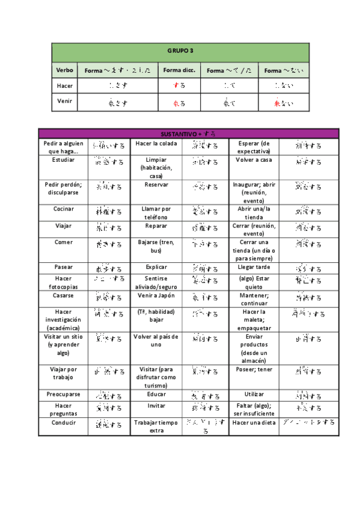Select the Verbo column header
64,70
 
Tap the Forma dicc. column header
178,70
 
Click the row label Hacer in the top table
64,86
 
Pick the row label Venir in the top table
64,101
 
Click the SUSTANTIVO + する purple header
188,134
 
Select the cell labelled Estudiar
64,161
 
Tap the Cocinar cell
64,209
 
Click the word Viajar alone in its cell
64,226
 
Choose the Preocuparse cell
64,395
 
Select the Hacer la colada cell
156,144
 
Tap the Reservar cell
156,185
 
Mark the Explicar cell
156,266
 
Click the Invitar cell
156,406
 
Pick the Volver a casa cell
254,161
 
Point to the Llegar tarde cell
254,266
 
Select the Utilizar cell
254,395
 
